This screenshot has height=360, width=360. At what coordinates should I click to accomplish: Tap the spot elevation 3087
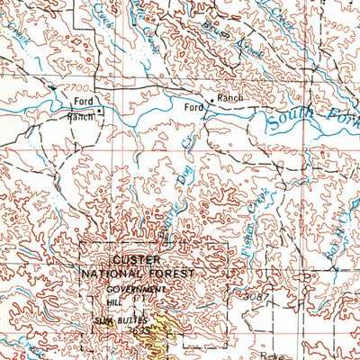point(256,295)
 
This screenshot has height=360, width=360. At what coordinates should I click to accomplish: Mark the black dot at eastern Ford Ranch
point(211,99)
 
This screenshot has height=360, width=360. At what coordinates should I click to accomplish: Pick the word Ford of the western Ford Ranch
point(83,101)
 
